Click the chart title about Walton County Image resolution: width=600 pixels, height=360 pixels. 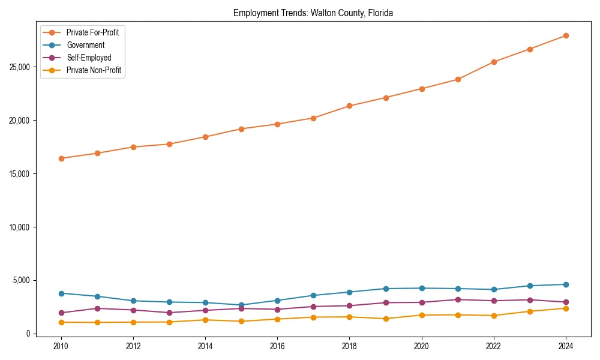click(x=313, y=13)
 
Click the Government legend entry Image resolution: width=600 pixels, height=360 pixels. click(x=85, y=45)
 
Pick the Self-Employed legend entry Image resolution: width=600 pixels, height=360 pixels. click(x=89, y=58)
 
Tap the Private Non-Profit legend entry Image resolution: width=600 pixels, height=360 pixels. click(x=94, y=70)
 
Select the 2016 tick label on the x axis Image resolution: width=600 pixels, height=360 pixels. click(x=277, y=346)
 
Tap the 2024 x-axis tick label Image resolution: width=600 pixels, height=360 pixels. click(x=566, y=346)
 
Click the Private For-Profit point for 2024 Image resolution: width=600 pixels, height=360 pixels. click(x=566, y=36)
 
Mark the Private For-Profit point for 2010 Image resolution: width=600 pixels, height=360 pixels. click(x=61, y=158)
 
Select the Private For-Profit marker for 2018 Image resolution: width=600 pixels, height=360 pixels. click(x=349, y=106)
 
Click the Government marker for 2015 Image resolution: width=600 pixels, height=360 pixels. click(x=241, y=305)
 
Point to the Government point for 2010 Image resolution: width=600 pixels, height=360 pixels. click(x=61, y=293)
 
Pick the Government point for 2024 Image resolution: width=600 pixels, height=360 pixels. click(x=566, y=284)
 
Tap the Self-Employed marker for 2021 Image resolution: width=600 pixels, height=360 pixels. click(x=458, y=299)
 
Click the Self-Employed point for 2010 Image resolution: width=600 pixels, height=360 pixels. click(x=61, y=313)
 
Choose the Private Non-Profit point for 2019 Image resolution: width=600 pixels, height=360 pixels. click(x=386, y=319)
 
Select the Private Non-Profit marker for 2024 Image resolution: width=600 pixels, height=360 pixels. click(x=566, y=308)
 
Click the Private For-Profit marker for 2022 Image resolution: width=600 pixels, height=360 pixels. click(x=494, y=62)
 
